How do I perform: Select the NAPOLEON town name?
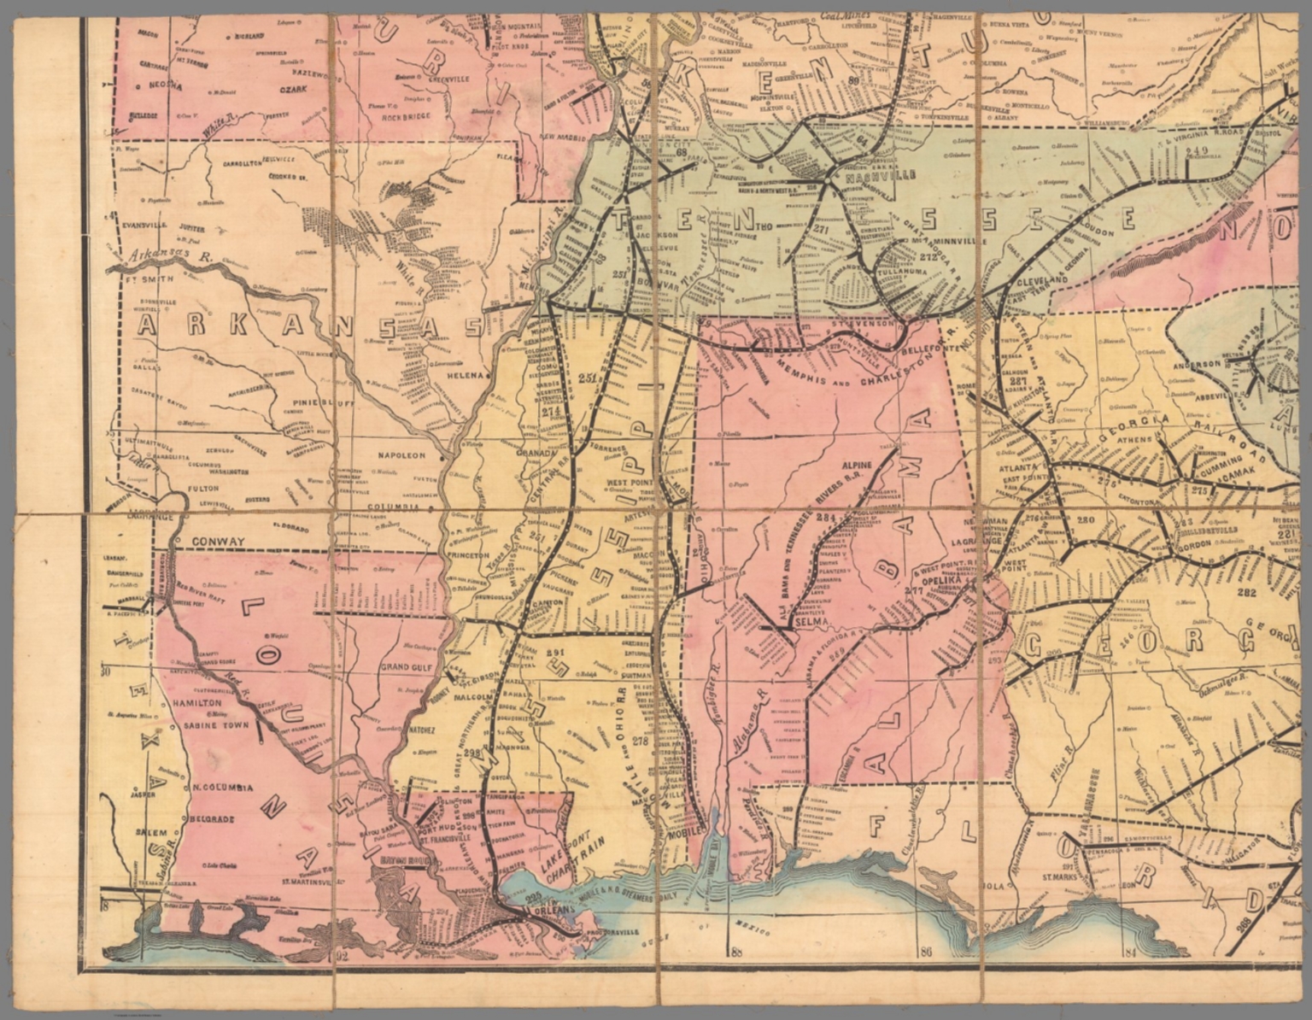401,456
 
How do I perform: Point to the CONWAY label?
217,542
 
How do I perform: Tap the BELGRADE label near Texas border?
205,818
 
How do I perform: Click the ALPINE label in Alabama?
857,466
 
